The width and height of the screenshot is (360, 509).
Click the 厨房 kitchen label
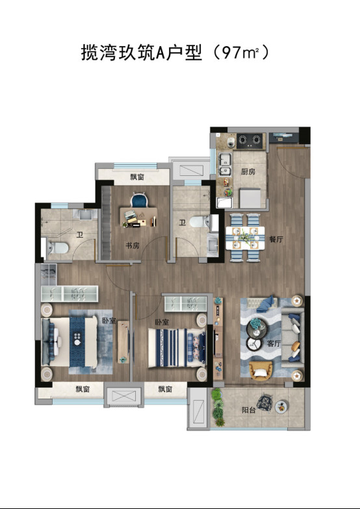coord(248,171)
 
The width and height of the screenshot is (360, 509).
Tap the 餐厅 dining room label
coord(276,239)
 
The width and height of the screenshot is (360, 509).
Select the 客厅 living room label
coord(274,343)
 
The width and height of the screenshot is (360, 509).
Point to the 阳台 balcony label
coord(248,410)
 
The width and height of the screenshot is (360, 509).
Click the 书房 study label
coord(133,245)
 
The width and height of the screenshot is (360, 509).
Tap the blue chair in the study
coord(139,200)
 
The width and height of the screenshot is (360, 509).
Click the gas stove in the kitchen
coord(250,141)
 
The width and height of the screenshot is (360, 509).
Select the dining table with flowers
coord(245,238)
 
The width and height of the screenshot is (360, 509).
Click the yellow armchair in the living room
coord(260,370)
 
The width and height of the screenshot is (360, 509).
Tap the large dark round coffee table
coord(256,328)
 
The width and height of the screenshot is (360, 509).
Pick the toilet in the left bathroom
coord(58,248)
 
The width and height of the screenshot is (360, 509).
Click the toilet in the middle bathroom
coord(199,222)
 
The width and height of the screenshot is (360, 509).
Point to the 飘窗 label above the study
coord(137,177)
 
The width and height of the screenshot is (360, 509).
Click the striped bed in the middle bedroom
coord(177,348)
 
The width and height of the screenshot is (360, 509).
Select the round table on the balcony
coord(281,406)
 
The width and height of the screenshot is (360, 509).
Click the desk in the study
coord(139,217)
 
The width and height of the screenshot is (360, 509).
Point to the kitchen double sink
coord(225,165)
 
